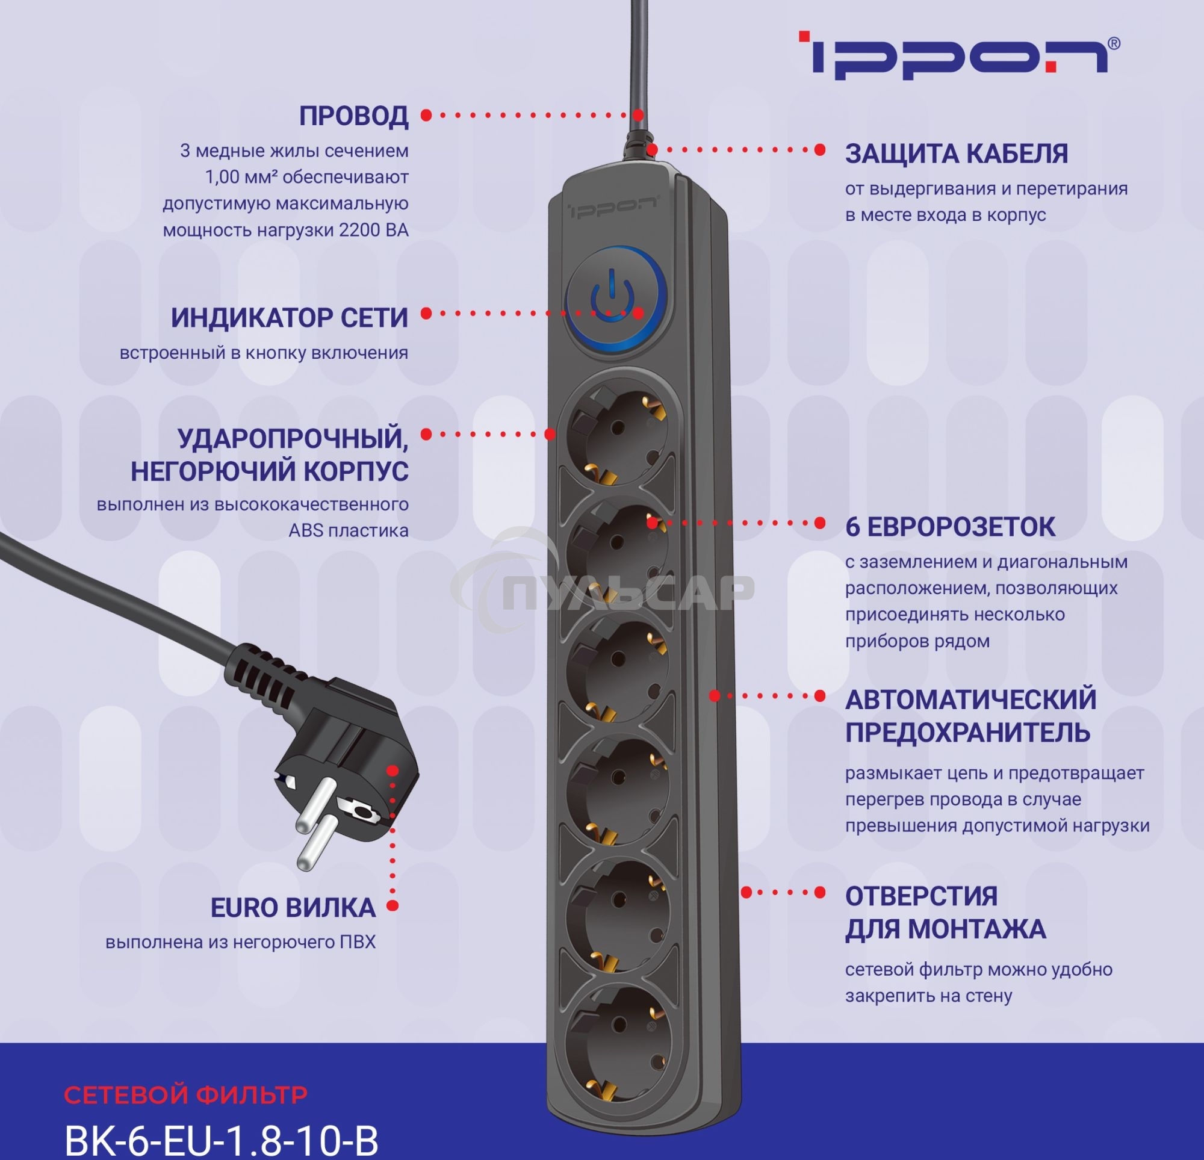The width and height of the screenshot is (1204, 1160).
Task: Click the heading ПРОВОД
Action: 353,116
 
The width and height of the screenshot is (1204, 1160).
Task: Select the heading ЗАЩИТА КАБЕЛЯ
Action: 957,154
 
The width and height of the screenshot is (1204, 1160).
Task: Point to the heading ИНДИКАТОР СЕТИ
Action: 290,318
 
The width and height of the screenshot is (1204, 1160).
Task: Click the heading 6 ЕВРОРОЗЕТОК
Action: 950,527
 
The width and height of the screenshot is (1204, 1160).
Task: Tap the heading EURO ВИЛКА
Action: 293,908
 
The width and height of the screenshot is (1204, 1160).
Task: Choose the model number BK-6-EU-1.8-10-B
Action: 221,1140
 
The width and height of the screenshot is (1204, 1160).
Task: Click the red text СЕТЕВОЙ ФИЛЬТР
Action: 185,1095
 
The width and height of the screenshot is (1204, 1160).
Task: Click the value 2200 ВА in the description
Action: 373,231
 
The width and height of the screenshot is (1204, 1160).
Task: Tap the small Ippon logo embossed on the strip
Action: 612,207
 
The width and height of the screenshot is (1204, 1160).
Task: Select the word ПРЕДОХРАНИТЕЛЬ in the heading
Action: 967,733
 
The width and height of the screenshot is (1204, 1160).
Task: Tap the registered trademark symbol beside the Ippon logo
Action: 1114,43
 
